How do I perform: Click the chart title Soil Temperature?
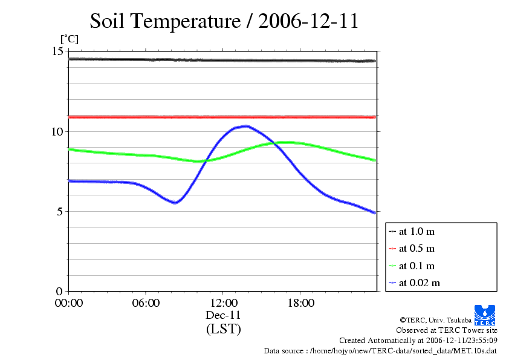(224, 22)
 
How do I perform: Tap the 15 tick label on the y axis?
(58, 51)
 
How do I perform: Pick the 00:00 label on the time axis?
(68, 303)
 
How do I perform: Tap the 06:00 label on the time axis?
(146, 303)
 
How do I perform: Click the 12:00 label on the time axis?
(223, 303)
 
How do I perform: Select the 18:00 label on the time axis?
(300, 303)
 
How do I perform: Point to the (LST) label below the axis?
(223, 329)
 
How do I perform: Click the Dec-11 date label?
(223, 315)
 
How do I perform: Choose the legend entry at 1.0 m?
(417, 231)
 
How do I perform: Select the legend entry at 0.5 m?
(417, 248)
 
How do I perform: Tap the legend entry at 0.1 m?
(417, 266)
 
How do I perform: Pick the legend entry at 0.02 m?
(419, 283)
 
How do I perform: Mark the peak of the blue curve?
(245, 126)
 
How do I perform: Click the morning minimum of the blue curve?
(175, 203)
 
